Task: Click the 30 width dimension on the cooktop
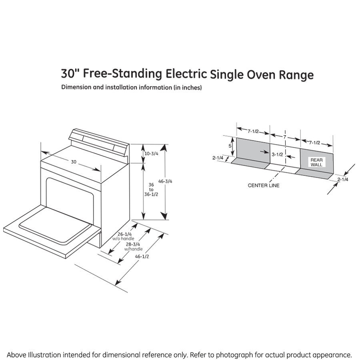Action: click(x=74, y=162)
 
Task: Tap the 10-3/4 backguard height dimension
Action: click(x=152, y=154)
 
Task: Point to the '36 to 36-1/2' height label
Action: click(x=151, y=189)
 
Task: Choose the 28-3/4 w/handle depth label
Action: click(x=133, y=246)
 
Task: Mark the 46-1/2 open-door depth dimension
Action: click(x=142, y=256)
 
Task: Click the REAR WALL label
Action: click(x=316, y=162)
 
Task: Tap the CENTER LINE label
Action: click(x=264, y=186)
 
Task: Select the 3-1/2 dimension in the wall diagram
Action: click(x=277, y=154)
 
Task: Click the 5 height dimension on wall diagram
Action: click(x=230, y=146)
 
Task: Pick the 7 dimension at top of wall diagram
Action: click(x=284, y=137)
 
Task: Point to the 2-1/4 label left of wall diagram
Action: click(x=218, y=158)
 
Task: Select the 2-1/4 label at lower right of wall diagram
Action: click(x=343, y=180)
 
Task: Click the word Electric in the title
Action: click(x=186, y=74)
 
